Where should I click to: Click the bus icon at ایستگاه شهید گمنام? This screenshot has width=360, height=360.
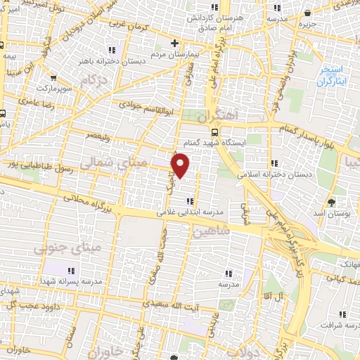pos(214,131)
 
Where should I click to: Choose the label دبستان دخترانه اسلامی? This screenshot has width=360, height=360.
pos(274,173)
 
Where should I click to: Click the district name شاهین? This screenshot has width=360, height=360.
pos(210,230)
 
